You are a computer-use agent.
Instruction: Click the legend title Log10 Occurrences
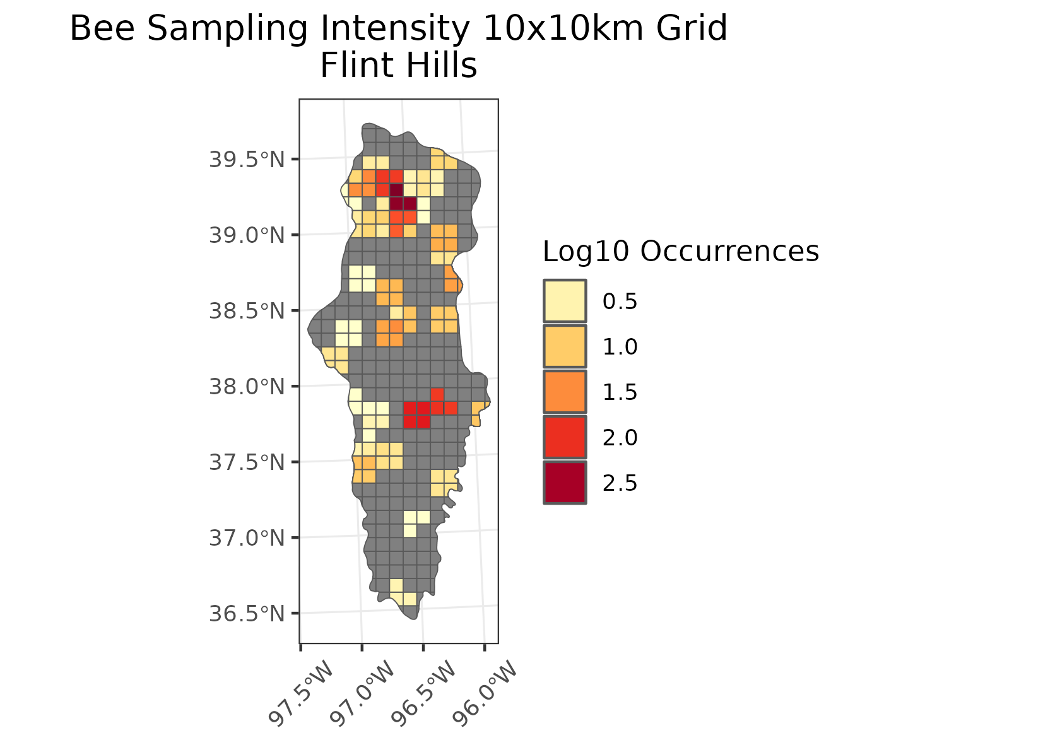coord(680,252)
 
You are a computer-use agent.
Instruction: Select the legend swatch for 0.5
coord(565,301)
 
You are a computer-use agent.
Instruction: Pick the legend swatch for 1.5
coord(565,392)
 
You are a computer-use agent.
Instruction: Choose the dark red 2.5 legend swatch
coord(565,483)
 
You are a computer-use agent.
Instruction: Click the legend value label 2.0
coord(620,438)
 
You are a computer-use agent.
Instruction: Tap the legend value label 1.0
coord(620,347)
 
